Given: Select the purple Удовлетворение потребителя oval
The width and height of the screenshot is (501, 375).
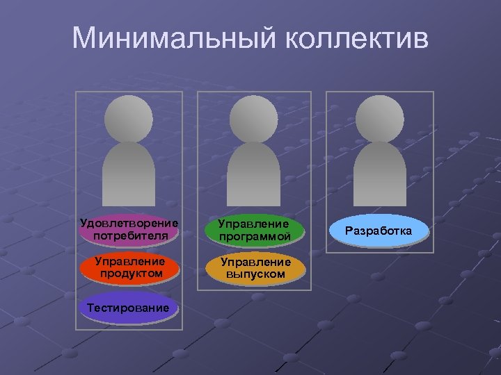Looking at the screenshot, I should pos(129,230).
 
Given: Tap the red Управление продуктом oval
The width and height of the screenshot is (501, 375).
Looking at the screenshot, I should pos(129,268).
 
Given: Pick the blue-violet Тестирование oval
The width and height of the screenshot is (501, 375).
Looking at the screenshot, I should pos(129,308).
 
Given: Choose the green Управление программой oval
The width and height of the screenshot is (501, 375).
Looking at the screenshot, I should pos(254,231).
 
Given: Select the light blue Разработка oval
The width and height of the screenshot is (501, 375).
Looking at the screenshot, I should pos(381,231).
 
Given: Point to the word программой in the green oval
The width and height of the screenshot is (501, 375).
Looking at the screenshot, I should pos(254,237).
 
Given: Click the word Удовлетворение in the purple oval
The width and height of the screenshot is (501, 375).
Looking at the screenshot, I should pos(129,224).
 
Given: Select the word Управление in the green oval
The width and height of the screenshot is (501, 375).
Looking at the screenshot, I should pos(254,224).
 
